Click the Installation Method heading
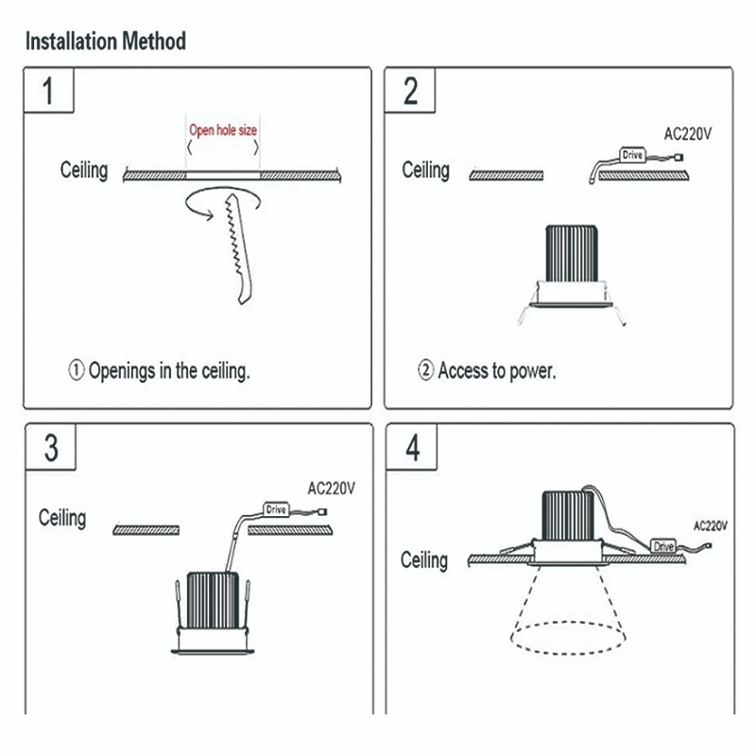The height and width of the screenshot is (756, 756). (x=106, y=41)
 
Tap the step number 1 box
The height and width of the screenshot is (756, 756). (x=49, y=90)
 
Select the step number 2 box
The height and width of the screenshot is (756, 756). (x=410, y=90)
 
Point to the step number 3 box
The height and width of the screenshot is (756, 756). (x=51, y=447)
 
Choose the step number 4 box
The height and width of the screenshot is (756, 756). (x=412, y=447)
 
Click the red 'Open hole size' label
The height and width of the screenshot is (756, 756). (x=223, y=130)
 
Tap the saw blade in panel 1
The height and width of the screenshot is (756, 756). (x=239, y=249)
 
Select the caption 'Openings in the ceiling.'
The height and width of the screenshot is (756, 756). (x=159, y=370)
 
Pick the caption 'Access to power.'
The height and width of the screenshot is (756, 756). (x=487, y=370)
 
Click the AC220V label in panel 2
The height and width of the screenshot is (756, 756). (x=688, y=133)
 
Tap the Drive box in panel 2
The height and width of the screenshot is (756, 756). (x=632, y=155)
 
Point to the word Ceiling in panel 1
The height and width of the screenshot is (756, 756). (x=84, y=171)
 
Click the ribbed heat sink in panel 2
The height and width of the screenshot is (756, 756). (x=572, y=253)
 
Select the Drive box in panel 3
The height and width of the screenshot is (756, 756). (x=276, y=509)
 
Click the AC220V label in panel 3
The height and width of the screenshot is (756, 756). (x=332, y=489)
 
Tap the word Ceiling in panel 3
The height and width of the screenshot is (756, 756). (x=62, y=518)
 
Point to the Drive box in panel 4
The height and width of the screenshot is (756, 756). (x=663, y=546)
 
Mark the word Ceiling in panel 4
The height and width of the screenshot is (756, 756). (x=424, y=560)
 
